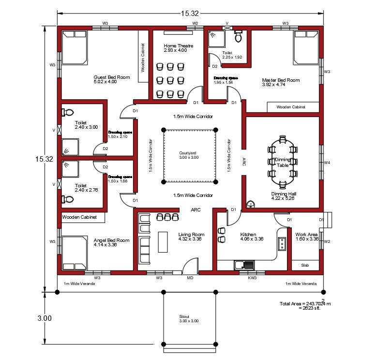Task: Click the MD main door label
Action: [190, 278]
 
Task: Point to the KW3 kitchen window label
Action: [252, 278]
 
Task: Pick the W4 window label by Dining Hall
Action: [327, 163]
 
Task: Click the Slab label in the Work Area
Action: [305, 265]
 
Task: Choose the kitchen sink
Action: [244, 265]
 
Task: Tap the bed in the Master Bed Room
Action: [306, 47]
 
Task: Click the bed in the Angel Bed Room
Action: [74, 253]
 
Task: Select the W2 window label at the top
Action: [195, 23]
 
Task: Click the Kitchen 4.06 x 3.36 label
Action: [252, 237]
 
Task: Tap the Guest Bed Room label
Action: [112, 79]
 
